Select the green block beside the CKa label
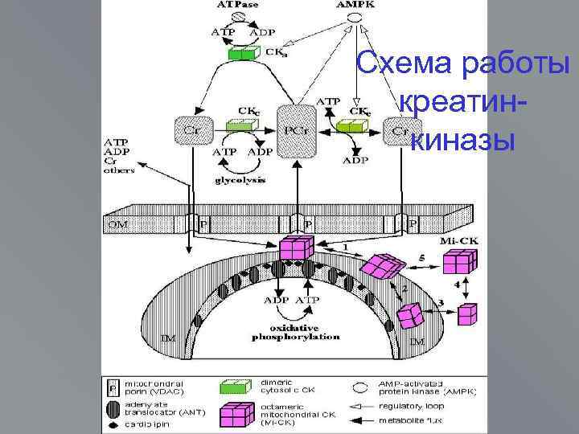point(241,54)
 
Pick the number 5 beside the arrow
point(421,258)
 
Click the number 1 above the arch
point(346,245)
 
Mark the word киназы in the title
point(462,140)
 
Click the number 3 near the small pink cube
point(441,301)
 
